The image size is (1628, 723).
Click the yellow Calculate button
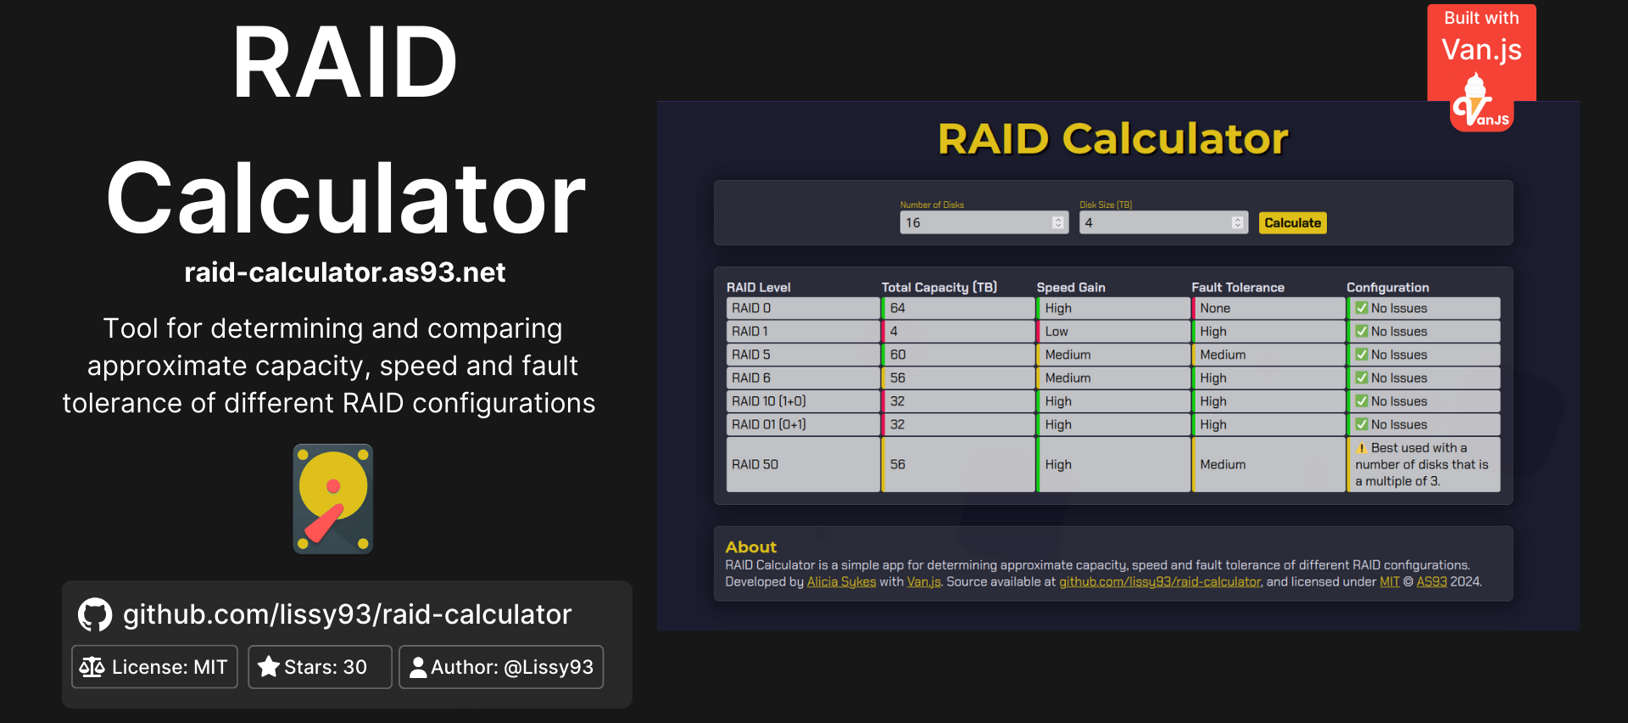(x=1292, y=223)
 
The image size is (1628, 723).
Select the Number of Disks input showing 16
(x=975, y=223)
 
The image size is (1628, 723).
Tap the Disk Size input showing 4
(x=1155, y=223)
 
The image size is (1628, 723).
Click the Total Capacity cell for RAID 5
(x=957, y=355)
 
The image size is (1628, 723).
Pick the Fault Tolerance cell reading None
(x=1268, y=308)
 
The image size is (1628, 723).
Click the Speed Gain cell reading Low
(x=1112, y=332)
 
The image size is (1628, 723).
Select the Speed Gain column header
(x=1071, y=288)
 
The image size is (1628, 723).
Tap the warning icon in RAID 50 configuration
(x=1362, y=448)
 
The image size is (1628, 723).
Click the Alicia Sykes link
(x=841, y=582)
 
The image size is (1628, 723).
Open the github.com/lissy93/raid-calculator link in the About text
(x=1159, y=582)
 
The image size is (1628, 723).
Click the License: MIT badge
(x=154, y=667)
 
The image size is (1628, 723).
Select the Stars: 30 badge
(x=319, y=667)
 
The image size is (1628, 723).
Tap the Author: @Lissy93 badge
(x=501, y=667)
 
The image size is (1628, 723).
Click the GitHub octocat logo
(x=95, y=615)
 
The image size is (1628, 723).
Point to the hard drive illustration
(x=333, y=499)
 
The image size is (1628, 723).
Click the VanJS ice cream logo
(x=1480, y=104)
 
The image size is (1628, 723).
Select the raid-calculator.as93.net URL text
(x=345, y=272)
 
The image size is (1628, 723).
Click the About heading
(x=750, y=547)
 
